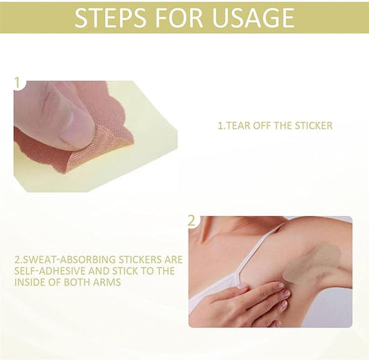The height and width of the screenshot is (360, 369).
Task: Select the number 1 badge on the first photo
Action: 17,83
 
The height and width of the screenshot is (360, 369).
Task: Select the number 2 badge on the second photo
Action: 192,221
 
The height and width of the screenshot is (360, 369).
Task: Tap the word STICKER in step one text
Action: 314,125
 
